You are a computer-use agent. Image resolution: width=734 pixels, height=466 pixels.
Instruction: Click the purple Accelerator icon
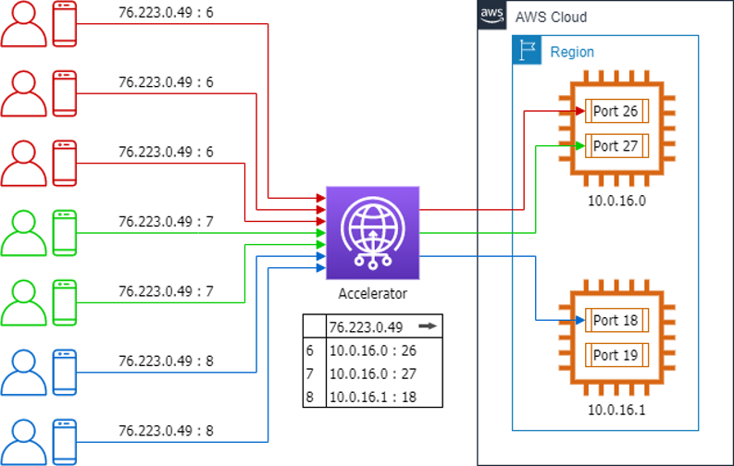coord(373,232)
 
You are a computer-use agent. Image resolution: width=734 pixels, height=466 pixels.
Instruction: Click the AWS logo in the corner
coord(491,16)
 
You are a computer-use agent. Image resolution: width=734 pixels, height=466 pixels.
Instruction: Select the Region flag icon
coord(527,52)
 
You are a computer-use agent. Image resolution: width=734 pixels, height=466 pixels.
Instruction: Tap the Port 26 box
coord(616,112)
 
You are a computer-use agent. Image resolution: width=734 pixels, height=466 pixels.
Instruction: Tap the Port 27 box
coord(616,146)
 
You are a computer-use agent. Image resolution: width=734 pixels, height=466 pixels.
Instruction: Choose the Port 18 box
coord(616,321)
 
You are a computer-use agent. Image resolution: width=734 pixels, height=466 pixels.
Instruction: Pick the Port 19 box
coord(616,355)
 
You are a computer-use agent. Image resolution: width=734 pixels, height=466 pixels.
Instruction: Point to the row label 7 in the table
coord(311,374)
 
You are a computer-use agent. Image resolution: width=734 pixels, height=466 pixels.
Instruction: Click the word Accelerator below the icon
coord(373,294)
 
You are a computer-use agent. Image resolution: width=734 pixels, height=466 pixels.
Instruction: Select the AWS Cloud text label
coord(551,18)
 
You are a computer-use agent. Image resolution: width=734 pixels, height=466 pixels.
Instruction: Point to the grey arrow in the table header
coord(426,326)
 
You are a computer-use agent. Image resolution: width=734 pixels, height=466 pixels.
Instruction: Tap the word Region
coord(572,53)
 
